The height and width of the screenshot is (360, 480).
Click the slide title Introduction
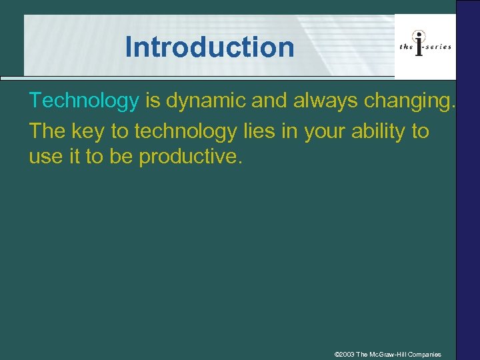tap(209, 47)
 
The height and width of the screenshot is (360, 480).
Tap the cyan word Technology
tap(83, 101)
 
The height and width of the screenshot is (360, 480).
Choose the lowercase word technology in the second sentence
tap(185, 131)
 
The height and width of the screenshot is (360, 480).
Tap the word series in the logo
tap(439, 46)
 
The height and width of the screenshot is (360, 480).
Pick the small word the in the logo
tap(405, 47)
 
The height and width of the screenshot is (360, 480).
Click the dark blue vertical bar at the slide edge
tap(467, 200)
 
